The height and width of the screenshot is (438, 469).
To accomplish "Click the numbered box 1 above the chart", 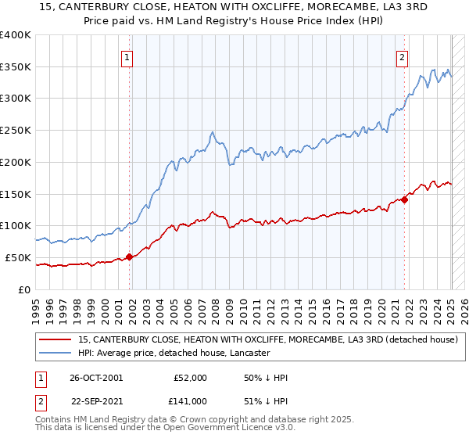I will pos(127,56).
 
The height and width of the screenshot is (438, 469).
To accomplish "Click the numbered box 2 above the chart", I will pos(402,56).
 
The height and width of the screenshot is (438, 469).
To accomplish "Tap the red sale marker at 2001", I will pos(130,256).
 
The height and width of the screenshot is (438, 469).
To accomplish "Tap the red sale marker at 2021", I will pos(406,199).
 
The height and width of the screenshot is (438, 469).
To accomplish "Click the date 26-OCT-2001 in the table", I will pos(96,378).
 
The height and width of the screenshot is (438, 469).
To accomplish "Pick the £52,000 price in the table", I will pos(190,378).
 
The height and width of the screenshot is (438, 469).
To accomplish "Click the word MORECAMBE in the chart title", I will pos(303,9).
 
